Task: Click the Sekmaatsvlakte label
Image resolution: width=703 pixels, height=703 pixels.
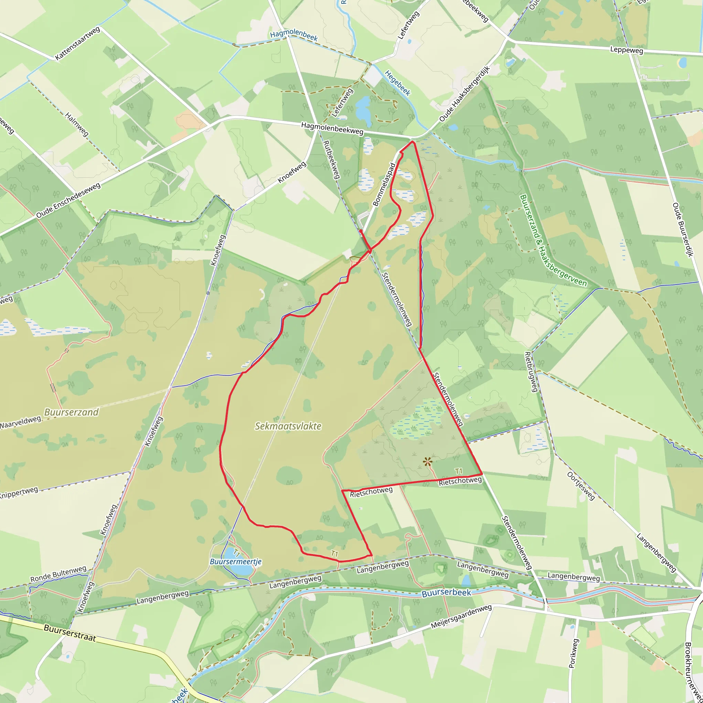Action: [288, 426]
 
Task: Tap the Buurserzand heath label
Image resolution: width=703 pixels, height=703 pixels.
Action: [71, 412]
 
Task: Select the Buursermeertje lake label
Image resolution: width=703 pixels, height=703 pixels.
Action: [235, 562]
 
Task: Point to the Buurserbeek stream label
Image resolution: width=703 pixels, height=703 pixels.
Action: [446, 593]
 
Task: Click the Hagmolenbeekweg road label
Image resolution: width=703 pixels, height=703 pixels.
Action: [332, 128]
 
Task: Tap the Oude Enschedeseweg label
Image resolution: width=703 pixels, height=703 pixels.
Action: [68, 201]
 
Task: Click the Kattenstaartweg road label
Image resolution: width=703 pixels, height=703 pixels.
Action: [78, 43]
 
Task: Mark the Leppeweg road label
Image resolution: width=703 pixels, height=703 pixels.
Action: [626, 50]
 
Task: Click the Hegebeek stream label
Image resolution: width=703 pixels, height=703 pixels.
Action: [398, 83]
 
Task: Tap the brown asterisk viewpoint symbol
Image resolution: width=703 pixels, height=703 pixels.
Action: [428, 462]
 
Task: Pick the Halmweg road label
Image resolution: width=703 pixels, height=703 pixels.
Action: [77, 125]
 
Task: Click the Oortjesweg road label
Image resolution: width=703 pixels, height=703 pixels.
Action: [581, 486]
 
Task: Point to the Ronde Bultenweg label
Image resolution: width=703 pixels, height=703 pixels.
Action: [58, 574]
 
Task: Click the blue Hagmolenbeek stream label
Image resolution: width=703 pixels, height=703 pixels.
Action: [294, 36]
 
